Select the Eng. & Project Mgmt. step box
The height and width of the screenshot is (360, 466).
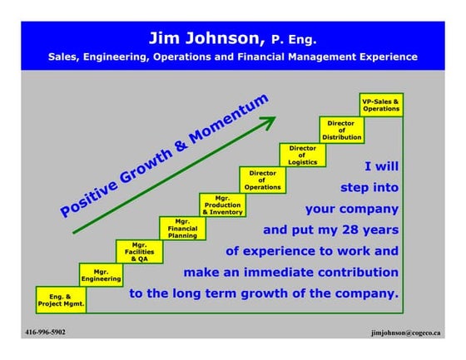click(61, 299)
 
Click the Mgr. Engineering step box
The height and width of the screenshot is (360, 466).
click(101, 275)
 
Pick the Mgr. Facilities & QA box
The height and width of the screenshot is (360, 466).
click(140, 250)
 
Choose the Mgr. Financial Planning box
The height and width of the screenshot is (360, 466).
click(182, 229)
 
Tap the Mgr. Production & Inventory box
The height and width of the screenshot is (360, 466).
click(222, 205)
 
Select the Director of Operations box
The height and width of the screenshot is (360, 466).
click(262, 180)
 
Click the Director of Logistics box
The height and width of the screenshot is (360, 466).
click(302, 155)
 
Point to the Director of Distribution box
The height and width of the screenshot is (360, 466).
click(341, 130)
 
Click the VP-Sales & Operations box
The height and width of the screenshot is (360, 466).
click(381, 105)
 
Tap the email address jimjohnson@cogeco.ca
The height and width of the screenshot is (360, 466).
click(406, 333)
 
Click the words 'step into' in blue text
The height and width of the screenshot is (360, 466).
click(368, 187)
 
